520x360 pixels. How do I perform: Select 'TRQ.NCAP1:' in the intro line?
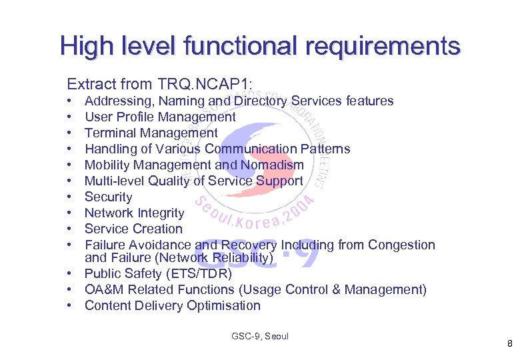tap(205, 84)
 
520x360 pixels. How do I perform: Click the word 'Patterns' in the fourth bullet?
tap(325, 149)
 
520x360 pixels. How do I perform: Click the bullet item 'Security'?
tap(109, 197)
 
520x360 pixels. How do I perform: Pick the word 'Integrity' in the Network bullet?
tap(161, 213)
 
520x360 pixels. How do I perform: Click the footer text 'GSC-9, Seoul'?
tap(260, 336)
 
